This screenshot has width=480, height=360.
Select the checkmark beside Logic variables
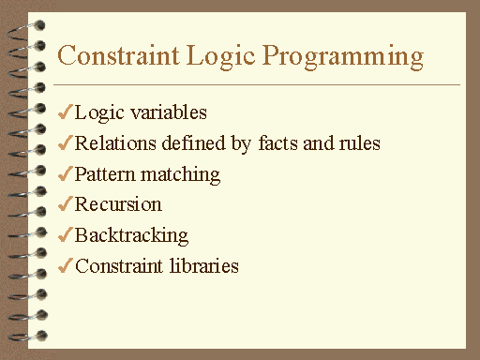point(65,112)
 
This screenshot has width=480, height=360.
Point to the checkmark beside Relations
point(65,143)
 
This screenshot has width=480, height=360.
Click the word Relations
point(112,143)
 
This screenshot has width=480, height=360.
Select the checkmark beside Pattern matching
point(65,174)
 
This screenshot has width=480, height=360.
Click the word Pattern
point(103,174)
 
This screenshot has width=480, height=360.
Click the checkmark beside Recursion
point(65,204)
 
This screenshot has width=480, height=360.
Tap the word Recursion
point(118,204)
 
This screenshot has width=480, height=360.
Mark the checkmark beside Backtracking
point(65,235)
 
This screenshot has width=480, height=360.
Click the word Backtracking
point(131,236)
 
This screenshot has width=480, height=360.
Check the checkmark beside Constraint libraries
point(65,266)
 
